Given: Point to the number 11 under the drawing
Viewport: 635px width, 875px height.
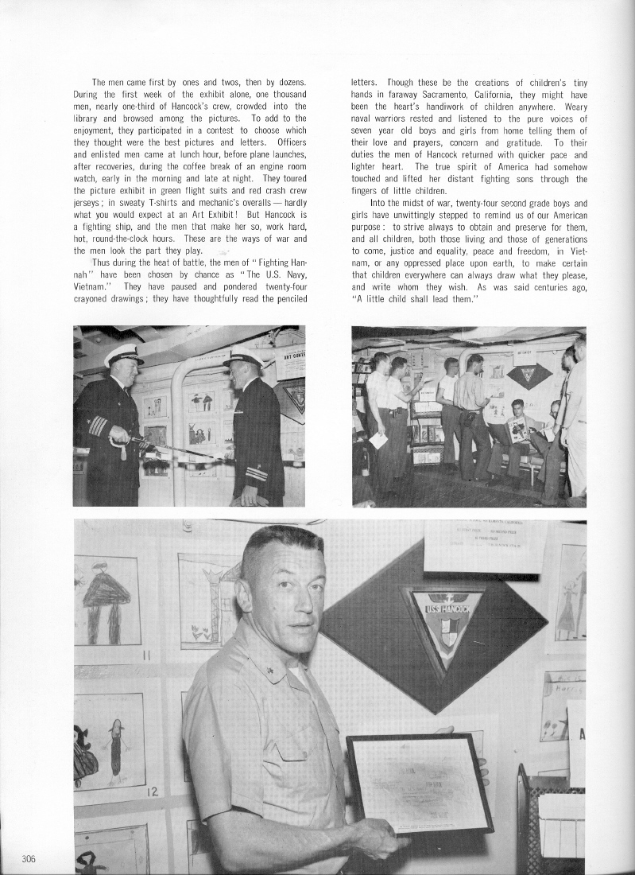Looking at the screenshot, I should (145, 655).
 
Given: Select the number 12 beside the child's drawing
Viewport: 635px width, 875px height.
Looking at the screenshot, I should (152, 792).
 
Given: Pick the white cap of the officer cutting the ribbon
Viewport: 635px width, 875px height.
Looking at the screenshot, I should (123, 355).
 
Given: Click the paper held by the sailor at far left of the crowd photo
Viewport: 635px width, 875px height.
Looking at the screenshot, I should (378, 441).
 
